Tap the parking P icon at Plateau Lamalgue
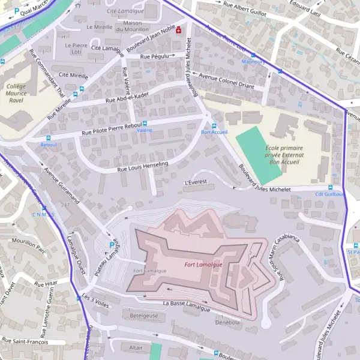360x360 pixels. tap(112, 245)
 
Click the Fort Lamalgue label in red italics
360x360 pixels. tap(203, 265)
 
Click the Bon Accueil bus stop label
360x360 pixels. tap(214, 132)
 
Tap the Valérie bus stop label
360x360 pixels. tap(145, 130)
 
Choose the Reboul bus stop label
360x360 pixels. tap(48, 145)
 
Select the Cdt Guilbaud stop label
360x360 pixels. tap(331, 194)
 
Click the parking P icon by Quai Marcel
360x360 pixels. tap(8, 10)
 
